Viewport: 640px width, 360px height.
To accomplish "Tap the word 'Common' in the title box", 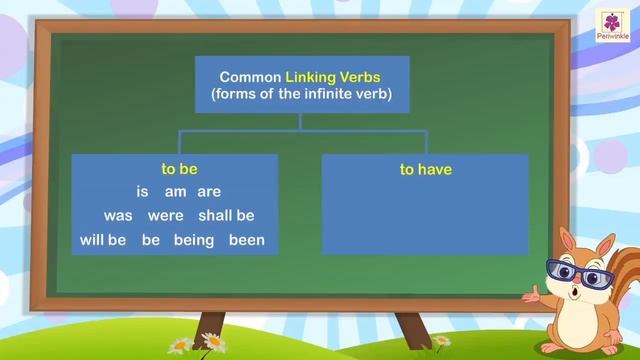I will point(249,76).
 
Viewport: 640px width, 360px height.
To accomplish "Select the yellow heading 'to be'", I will point(179,169).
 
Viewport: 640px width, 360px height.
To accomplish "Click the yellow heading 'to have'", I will point(426,169).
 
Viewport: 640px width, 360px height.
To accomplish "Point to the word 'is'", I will point(142,192).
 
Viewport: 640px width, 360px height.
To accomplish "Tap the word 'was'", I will point(118,216).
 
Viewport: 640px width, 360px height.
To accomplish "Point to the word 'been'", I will point(245,240).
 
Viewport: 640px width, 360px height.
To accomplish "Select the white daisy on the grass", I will point(180,344).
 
